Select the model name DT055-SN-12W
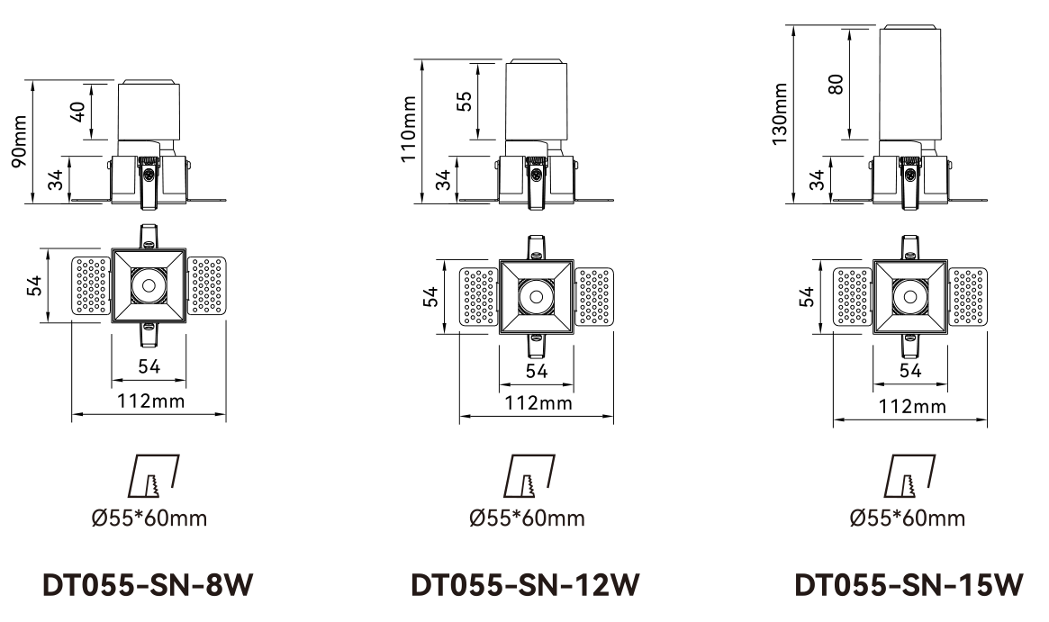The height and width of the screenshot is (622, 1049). pos(525,586)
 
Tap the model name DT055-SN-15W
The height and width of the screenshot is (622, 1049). pos(909,586)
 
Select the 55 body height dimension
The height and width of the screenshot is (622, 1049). pos(465,101)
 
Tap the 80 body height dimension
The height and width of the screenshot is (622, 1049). pos(836,84)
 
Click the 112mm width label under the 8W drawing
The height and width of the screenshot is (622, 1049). pos(149,401)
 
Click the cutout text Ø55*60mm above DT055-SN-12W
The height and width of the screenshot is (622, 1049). pos(527,518)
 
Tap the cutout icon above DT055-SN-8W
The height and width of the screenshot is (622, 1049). pos(149,476)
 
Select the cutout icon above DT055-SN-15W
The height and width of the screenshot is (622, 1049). pos(909,476)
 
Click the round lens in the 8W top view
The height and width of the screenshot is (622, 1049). pos(148,284)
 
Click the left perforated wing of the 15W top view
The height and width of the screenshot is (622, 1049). pos(851,296)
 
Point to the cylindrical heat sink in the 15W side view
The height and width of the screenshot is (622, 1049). pos(910,84)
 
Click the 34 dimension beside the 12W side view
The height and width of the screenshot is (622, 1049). pos(443,180)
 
